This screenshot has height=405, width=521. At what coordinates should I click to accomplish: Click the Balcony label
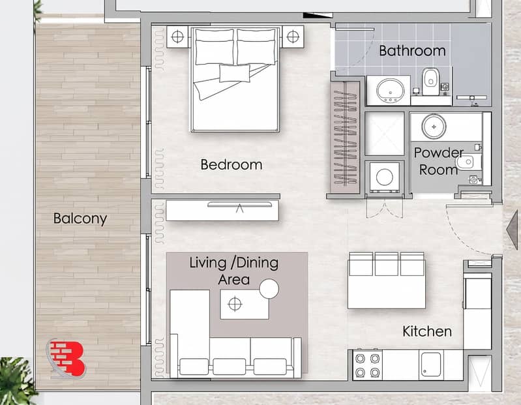click(x=80, y=218)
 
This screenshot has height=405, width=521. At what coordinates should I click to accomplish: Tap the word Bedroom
click(x=231, y=165)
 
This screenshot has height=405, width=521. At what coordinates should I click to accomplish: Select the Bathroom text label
click(x=412, y=51)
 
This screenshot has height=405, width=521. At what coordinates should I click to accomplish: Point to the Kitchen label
click(x=427, y=331)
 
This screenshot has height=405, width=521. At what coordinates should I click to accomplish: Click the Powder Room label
click(x=439, y=162)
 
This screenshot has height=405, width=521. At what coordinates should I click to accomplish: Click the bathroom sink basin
click(x=391, y=90)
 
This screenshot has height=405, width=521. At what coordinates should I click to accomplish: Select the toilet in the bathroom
click(x=431, y=81)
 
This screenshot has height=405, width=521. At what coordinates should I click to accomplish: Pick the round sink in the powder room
click(x=434, y=127)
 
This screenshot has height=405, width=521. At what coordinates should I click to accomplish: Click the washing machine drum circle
click(x=385, y=177)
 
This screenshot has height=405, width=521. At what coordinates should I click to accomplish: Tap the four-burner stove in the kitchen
click(x=368, y=365)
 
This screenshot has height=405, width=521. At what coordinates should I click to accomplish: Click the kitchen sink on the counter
click(x=431, y=364)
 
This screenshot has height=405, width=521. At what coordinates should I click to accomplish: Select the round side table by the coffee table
click(x=269, y=289)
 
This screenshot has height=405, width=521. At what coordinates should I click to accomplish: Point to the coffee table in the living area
click(x=245, y=305)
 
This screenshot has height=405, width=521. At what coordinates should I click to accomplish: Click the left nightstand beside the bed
click(x=178, y=37)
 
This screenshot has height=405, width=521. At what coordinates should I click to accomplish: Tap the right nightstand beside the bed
click(x=293, y=37)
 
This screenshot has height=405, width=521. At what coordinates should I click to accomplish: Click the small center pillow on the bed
click(x=235, y=74)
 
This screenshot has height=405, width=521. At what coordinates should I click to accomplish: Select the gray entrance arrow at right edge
click(x=513, y=230)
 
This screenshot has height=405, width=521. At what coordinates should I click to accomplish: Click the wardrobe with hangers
click(x=345, y=136)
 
